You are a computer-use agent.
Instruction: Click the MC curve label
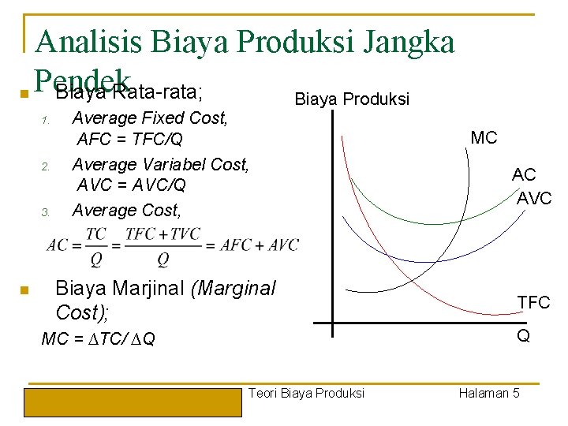(x=484, y=138)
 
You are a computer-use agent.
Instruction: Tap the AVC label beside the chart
(x=534, y=199)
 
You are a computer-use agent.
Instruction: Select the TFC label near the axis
(x=533, y=302)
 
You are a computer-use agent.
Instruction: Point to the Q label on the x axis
(x=522, y=336)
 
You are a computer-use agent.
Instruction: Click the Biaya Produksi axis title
(x=351, y=99)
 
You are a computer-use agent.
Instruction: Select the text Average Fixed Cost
(x=150, y=118)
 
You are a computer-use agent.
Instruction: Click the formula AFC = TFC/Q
(x=130, y=140)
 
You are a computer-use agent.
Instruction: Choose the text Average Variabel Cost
(x=160, y=164)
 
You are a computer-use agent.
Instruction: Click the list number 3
(x=46, y=212)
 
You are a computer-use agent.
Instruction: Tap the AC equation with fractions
(x=173, y=246)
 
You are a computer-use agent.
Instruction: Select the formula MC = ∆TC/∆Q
(x=99, y=339)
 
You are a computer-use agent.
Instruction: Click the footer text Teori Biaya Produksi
(x=306, y=393)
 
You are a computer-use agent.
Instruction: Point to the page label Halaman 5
(x=488, y=393)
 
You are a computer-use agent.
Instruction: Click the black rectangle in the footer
(x=133, y=402)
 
